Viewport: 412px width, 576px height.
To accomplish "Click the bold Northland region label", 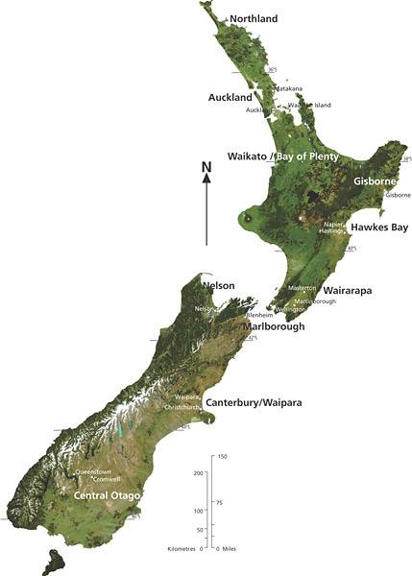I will click(254, 19).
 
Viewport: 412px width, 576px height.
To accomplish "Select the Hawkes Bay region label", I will click(377, 228).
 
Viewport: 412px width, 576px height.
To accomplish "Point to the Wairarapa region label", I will click(348, 289).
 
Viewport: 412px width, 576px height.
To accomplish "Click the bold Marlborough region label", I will click(274, 327).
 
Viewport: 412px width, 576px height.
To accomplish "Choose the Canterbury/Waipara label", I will click(253, 403).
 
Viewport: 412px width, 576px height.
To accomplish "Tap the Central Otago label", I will click(108, 495).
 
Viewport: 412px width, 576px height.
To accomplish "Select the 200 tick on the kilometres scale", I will click(200, 473).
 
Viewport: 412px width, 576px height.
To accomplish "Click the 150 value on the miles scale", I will click(222, 456).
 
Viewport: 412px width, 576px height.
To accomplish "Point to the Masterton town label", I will click(303, 288).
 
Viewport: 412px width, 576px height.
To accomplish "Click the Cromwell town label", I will click(107, 479).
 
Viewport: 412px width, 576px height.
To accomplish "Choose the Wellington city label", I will click(290, 310).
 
